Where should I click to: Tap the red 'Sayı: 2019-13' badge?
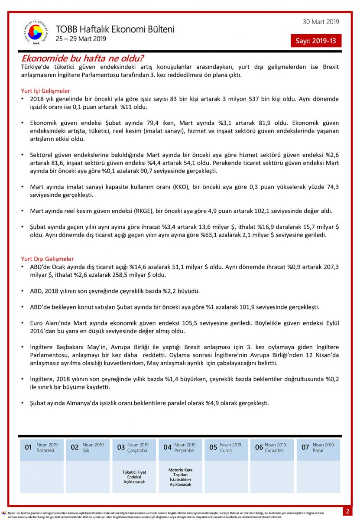click(316, 41)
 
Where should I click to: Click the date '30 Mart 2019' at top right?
click(321, 22)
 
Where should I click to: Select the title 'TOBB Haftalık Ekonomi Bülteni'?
click(115, 29)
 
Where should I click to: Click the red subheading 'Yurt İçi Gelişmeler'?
click(45, 91)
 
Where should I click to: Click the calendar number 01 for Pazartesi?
click(29, 447)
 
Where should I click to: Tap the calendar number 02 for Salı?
click(75, 447)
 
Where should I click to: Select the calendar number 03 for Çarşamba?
click(121, 447)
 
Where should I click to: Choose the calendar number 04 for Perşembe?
click(167, 447)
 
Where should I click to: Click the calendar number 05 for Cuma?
click(213, 447)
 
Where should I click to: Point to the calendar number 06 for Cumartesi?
click(259, 447)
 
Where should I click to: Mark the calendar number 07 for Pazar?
click(305, 447)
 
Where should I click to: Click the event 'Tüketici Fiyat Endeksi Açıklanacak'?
click(134, 477)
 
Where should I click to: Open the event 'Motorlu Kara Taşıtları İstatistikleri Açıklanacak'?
click(180, 477)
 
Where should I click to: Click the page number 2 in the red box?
click(347, 511)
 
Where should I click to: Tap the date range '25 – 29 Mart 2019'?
click(81, 39)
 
